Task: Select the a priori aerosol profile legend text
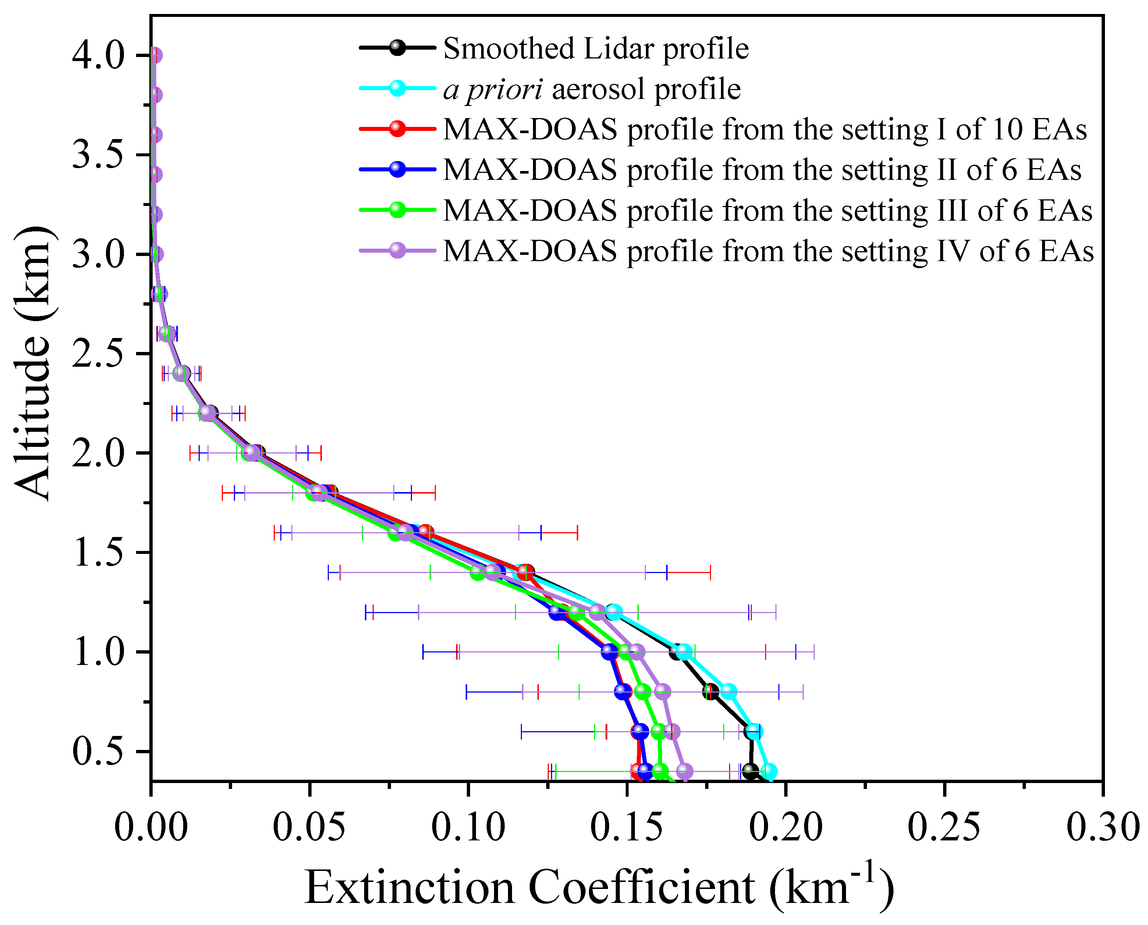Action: click(591, 89)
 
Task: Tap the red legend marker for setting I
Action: click(397, 129)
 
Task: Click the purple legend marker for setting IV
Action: click(397, 250)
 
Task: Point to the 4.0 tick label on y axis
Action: click(98, 55)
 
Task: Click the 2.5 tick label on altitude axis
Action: click(98, 353)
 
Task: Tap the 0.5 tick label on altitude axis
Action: click(98, 751)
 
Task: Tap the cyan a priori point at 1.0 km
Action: click(684, 652)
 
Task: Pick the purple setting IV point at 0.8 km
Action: click(662, 691)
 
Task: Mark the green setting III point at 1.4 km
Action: click(477, 573)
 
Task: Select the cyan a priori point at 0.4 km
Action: click(768, 771)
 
